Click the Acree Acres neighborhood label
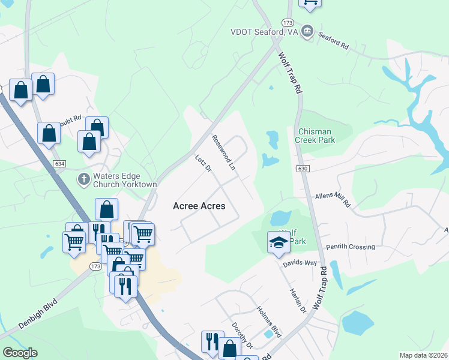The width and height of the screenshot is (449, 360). [x=199, y=206]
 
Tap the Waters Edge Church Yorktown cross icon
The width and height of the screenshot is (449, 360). [x=83, y=179]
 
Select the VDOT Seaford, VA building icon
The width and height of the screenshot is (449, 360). [x=307, y=31]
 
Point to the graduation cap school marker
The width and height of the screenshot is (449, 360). [x=278, y=242]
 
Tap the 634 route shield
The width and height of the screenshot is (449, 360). [x=59, y=163]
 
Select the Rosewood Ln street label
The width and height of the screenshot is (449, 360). [x=223, y=152]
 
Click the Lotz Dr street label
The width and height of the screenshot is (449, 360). [x=204, y=164]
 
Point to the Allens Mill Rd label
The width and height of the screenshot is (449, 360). [x=333, y=200]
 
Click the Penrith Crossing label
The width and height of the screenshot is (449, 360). [x=350, y=247]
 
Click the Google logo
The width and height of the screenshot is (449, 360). [x=20, y=353]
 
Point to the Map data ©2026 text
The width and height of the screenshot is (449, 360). [x=423, y=355]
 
